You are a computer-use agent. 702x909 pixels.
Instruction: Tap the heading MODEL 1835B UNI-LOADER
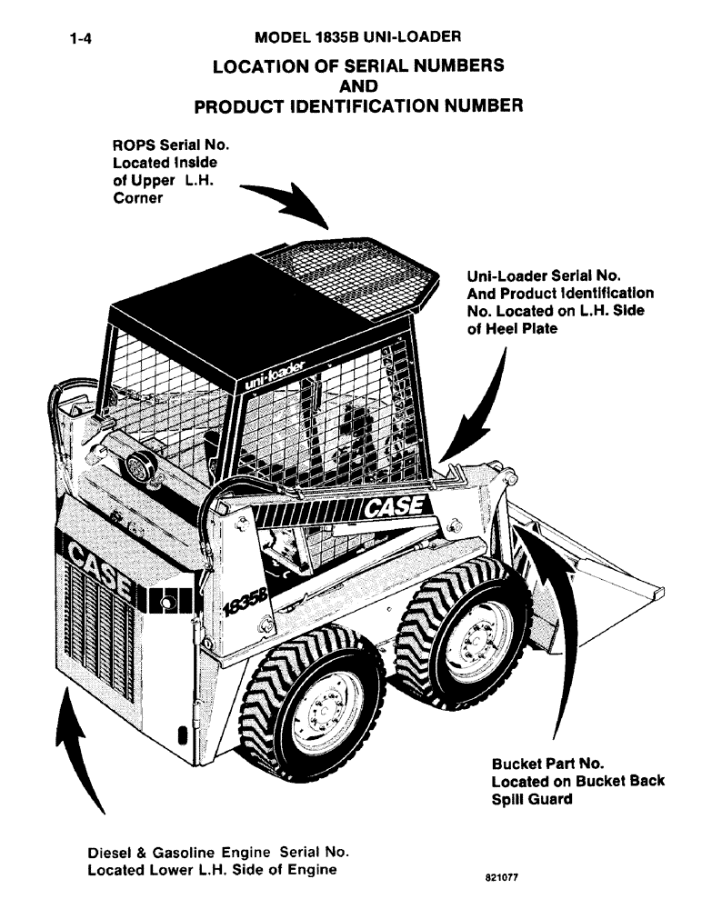point(358,38)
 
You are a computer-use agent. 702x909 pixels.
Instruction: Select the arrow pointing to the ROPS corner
point(286,202)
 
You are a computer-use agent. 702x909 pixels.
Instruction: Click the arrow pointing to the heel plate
point(479,405)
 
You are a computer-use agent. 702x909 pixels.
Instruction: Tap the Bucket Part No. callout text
point(577,782)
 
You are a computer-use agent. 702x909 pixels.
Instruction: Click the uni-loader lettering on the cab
point(276,372)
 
